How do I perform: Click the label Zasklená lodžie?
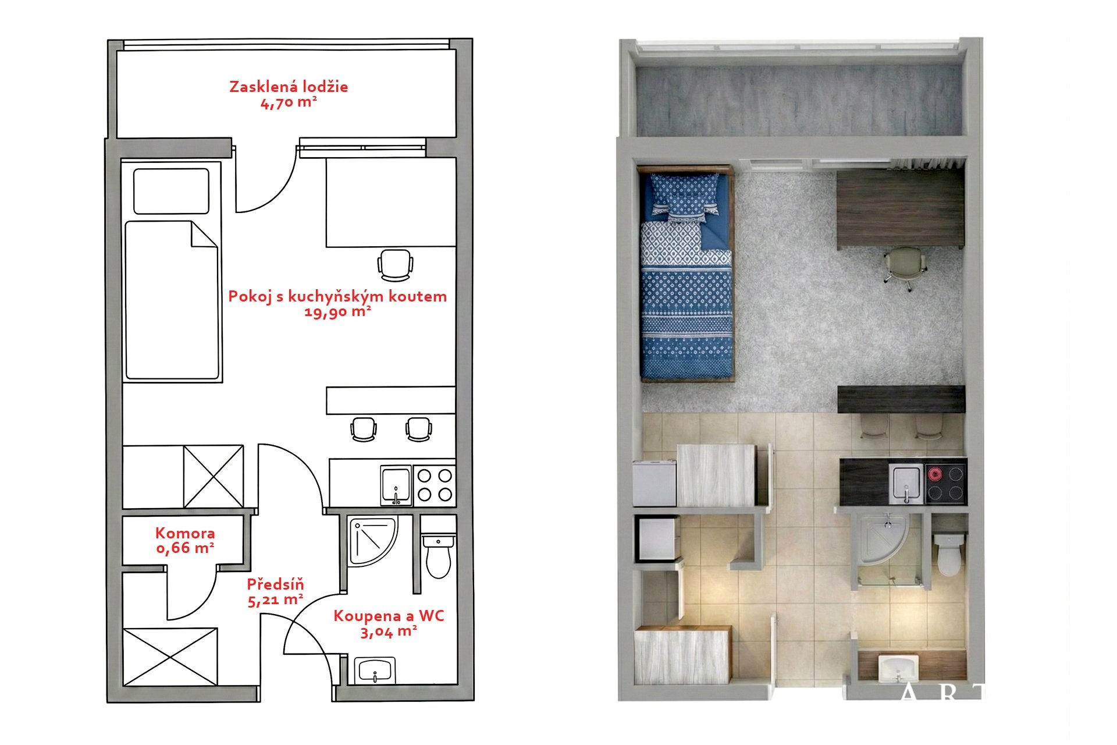289,87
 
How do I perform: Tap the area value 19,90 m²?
338,311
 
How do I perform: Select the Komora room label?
185,533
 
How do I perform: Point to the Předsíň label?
275,584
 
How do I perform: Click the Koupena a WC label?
389,616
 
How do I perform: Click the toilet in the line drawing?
438,556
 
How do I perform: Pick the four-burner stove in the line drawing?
435,485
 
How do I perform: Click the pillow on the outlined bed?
171,191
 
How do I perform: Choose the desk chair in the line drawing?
395,264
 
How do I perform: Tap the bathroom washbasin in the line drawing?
375,670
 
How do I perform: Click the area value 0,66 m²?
185,548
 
